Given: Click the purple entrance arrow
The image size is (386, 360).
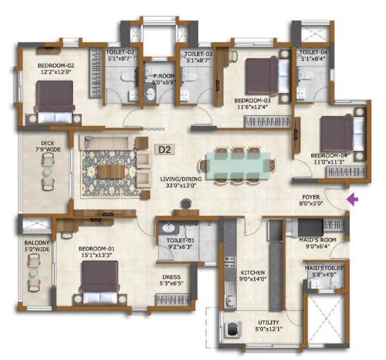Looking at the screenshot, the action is click(x=352, y=199).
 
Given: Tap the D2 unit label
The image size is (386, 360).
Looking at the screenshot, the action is click(x=164, y=149).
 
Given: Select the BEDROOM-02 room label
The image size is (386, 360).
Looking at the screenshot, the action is click(x=56, y=66).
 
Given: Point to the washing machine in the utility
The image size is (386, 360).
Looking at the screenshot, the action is click(x=232, y=329).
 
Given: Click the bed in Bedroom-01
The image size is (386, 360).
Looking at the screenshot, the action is click(x=99, y=282).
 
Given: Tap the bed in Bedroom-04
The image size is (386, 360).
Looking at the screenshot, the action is click(x=342, y=134).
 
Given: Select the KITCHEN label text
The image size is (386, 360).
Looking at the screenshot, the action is click(x=252, y=273).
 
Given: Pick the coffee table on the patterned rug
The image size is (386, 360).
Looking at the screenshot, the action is click(x=112, y=171).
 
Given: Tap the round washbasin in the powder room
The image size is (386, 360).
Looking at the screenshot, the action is click(x=150, y=94).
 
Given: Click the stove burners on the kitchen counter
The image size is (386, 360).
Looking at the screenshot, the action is click(x=230, y=261).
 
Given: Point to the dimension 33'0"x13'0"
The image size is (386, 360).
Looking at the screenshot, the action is click(x=181, y=185).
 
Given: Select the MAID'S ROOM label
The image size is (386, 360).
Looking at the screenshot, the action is click(x=317, y=240).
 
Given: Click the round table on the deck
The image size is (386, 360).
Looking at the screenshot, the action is click(x=47, y=171).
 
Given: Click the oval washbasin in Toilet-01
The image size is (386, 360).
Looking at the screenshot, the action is click(x=168, y=228).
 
